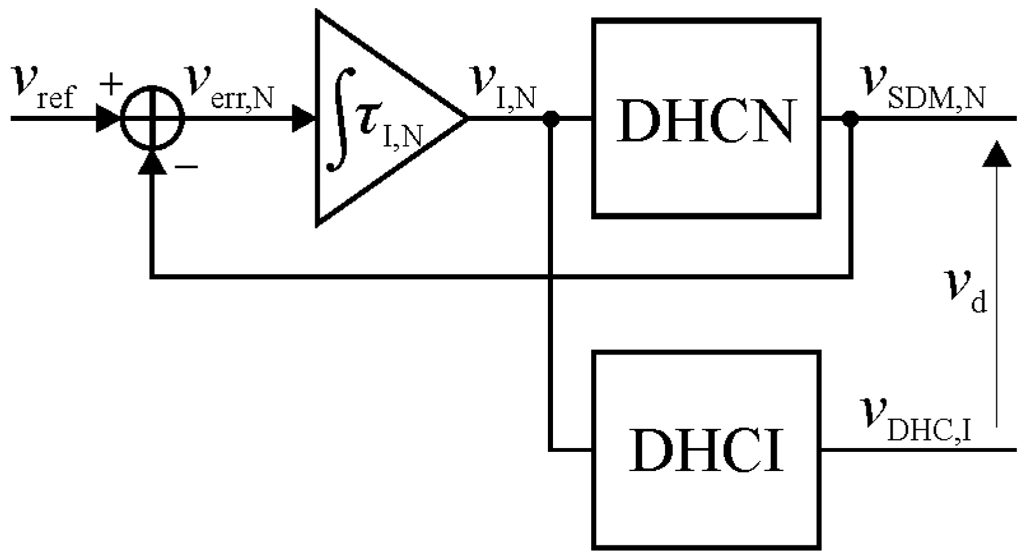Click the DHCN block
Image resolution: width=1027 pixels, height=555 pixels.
[706, 118]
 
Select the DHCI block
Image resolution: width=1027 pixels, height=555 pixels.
[706, 449]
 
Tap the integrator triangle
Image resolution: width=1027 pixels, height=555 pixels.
[382, 118]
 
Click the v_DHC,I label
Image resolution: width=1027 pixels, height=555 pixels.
[917, 421]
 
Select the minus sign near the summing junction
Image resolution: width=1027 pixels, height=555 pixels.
[186, 167]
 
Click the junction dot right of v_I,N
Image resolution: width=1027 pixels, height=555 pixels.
[551, 118]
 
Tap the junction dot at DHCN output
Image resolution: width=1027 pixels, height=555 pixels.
[851, 118]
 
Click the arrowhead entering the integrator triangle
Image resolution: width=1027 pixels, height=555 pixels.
[303, 118]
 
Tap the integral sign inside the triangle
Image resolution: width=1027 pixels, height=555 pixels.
[338, 127]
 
